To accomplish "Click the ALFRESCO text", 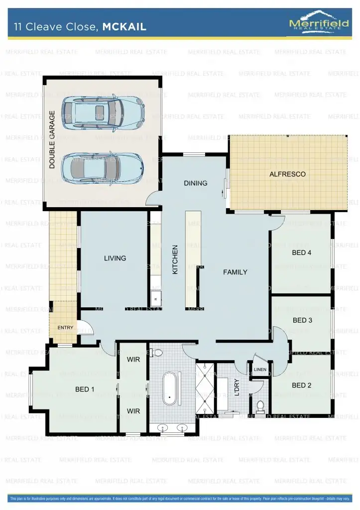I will point(287,174).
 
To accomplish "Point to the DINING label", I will point(195,183).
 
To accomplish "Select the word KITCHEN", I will point(175,259).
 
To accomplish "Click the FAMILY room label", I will point(235,272).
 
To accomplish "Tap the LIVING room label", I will point(115,258).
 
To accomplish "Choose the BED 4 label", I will point(301,253).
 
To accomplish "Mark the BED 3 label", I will point(302,320).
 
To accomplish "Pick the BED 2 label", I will point(301,385).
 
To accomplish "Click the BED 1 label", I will point(85,389).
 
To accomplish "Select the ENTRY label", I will point(65,328).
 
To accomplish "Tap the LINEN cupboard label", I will point(260,370).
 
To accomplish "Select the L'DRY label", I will point(238,388).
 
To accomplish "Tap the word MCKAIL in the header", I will point(124,27).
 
